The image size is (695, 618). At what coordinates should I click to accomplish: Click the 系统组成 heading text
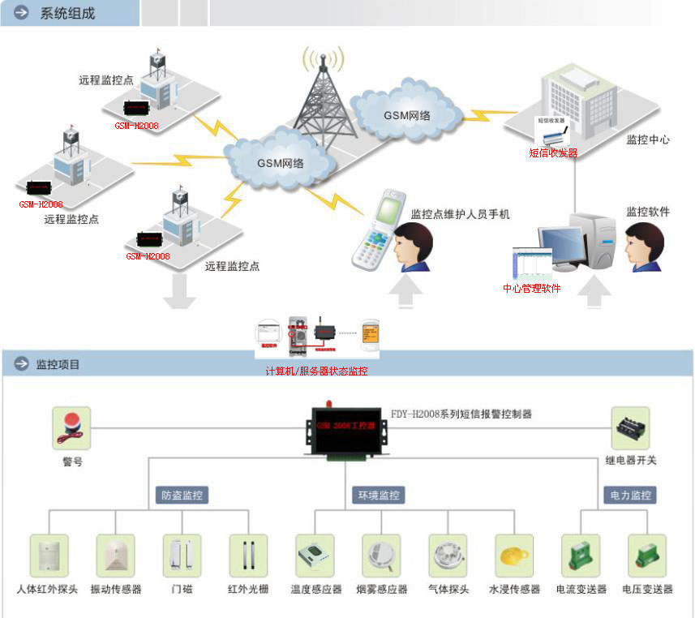click(67, 13)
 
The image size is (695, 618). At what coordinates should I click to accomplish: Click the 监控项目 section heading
click(58, 364)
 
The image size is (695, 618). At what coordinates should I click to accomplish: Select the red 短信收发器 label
click(553, 152)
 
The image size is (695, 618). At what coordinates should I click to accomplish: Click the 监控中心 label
click(648, 139)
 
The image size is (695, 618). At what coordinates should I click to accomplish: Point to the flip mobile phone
click(379, 229)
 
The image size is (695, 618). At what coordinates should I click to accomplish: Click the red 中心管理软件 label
click(532, 288)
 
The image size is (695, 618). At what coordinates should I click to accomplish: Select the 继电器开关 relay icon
click(630, 427)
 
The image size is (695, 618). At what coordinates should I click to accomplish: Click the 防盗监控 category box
click(182, 495)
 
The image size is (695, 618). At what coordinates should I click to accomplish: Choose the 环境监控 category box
click(378, 495)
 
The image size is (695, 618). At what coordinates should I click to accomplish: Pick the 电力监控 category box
click(629, 495)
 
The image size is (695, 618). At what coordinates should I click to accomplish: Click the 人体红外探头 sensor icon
click(49, 556)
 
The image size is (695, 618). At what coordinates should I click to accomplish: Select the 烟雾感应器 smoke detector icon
click(381, 556)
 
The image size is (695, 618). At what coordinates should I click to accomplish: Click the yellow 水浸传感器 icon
click(514, 556)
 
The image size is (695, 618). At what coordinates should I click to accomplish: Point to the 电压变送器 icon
click(647, 556)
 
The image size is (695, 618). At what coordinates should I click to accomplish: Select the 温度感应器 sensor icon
click(315, 556)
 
